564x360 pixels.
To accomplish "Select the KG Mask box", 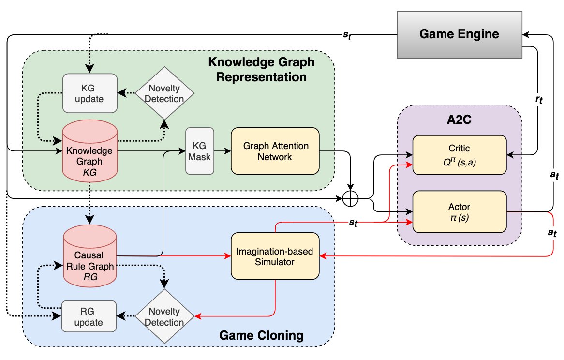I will click(199, 151).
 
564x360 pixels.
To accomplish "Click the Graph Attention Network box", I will click(275, 151).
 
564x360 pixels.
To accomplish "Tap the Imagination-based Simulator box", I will click(275, 256).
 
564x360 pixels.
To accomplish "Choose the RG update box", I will click(89, 316).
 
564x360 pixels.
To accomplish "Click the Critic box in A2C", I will click(459, 154).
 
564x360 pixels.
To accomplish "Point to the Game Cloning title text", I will click(261, 335).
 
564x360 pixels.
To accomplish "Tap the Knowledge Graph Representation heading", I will click(261, 70).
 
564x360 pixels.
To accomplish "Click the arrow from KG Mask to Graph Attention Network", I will click(222, 151).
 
